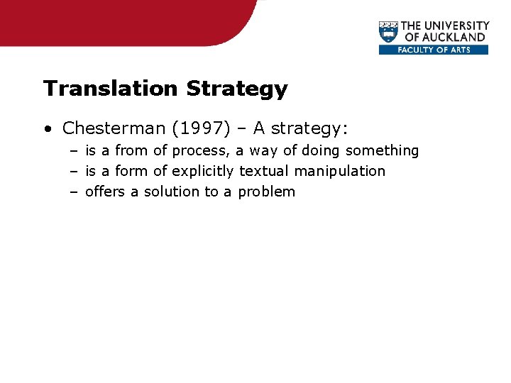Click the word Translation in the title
110,89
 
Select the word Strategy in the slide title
236,89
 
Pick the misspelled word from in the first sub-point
131,150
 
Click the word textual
264,171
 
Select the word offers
105,191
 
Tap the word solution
172,191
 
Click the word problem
266,192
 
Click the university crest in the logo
388,33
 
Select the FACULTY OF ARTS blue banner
434,50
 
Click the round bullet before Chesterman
47,129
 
